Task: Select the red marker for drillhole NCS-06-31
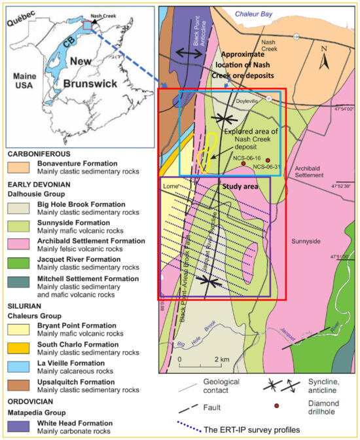[x=268, y=160]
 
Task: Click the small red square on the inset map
[x=86, y=25]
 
